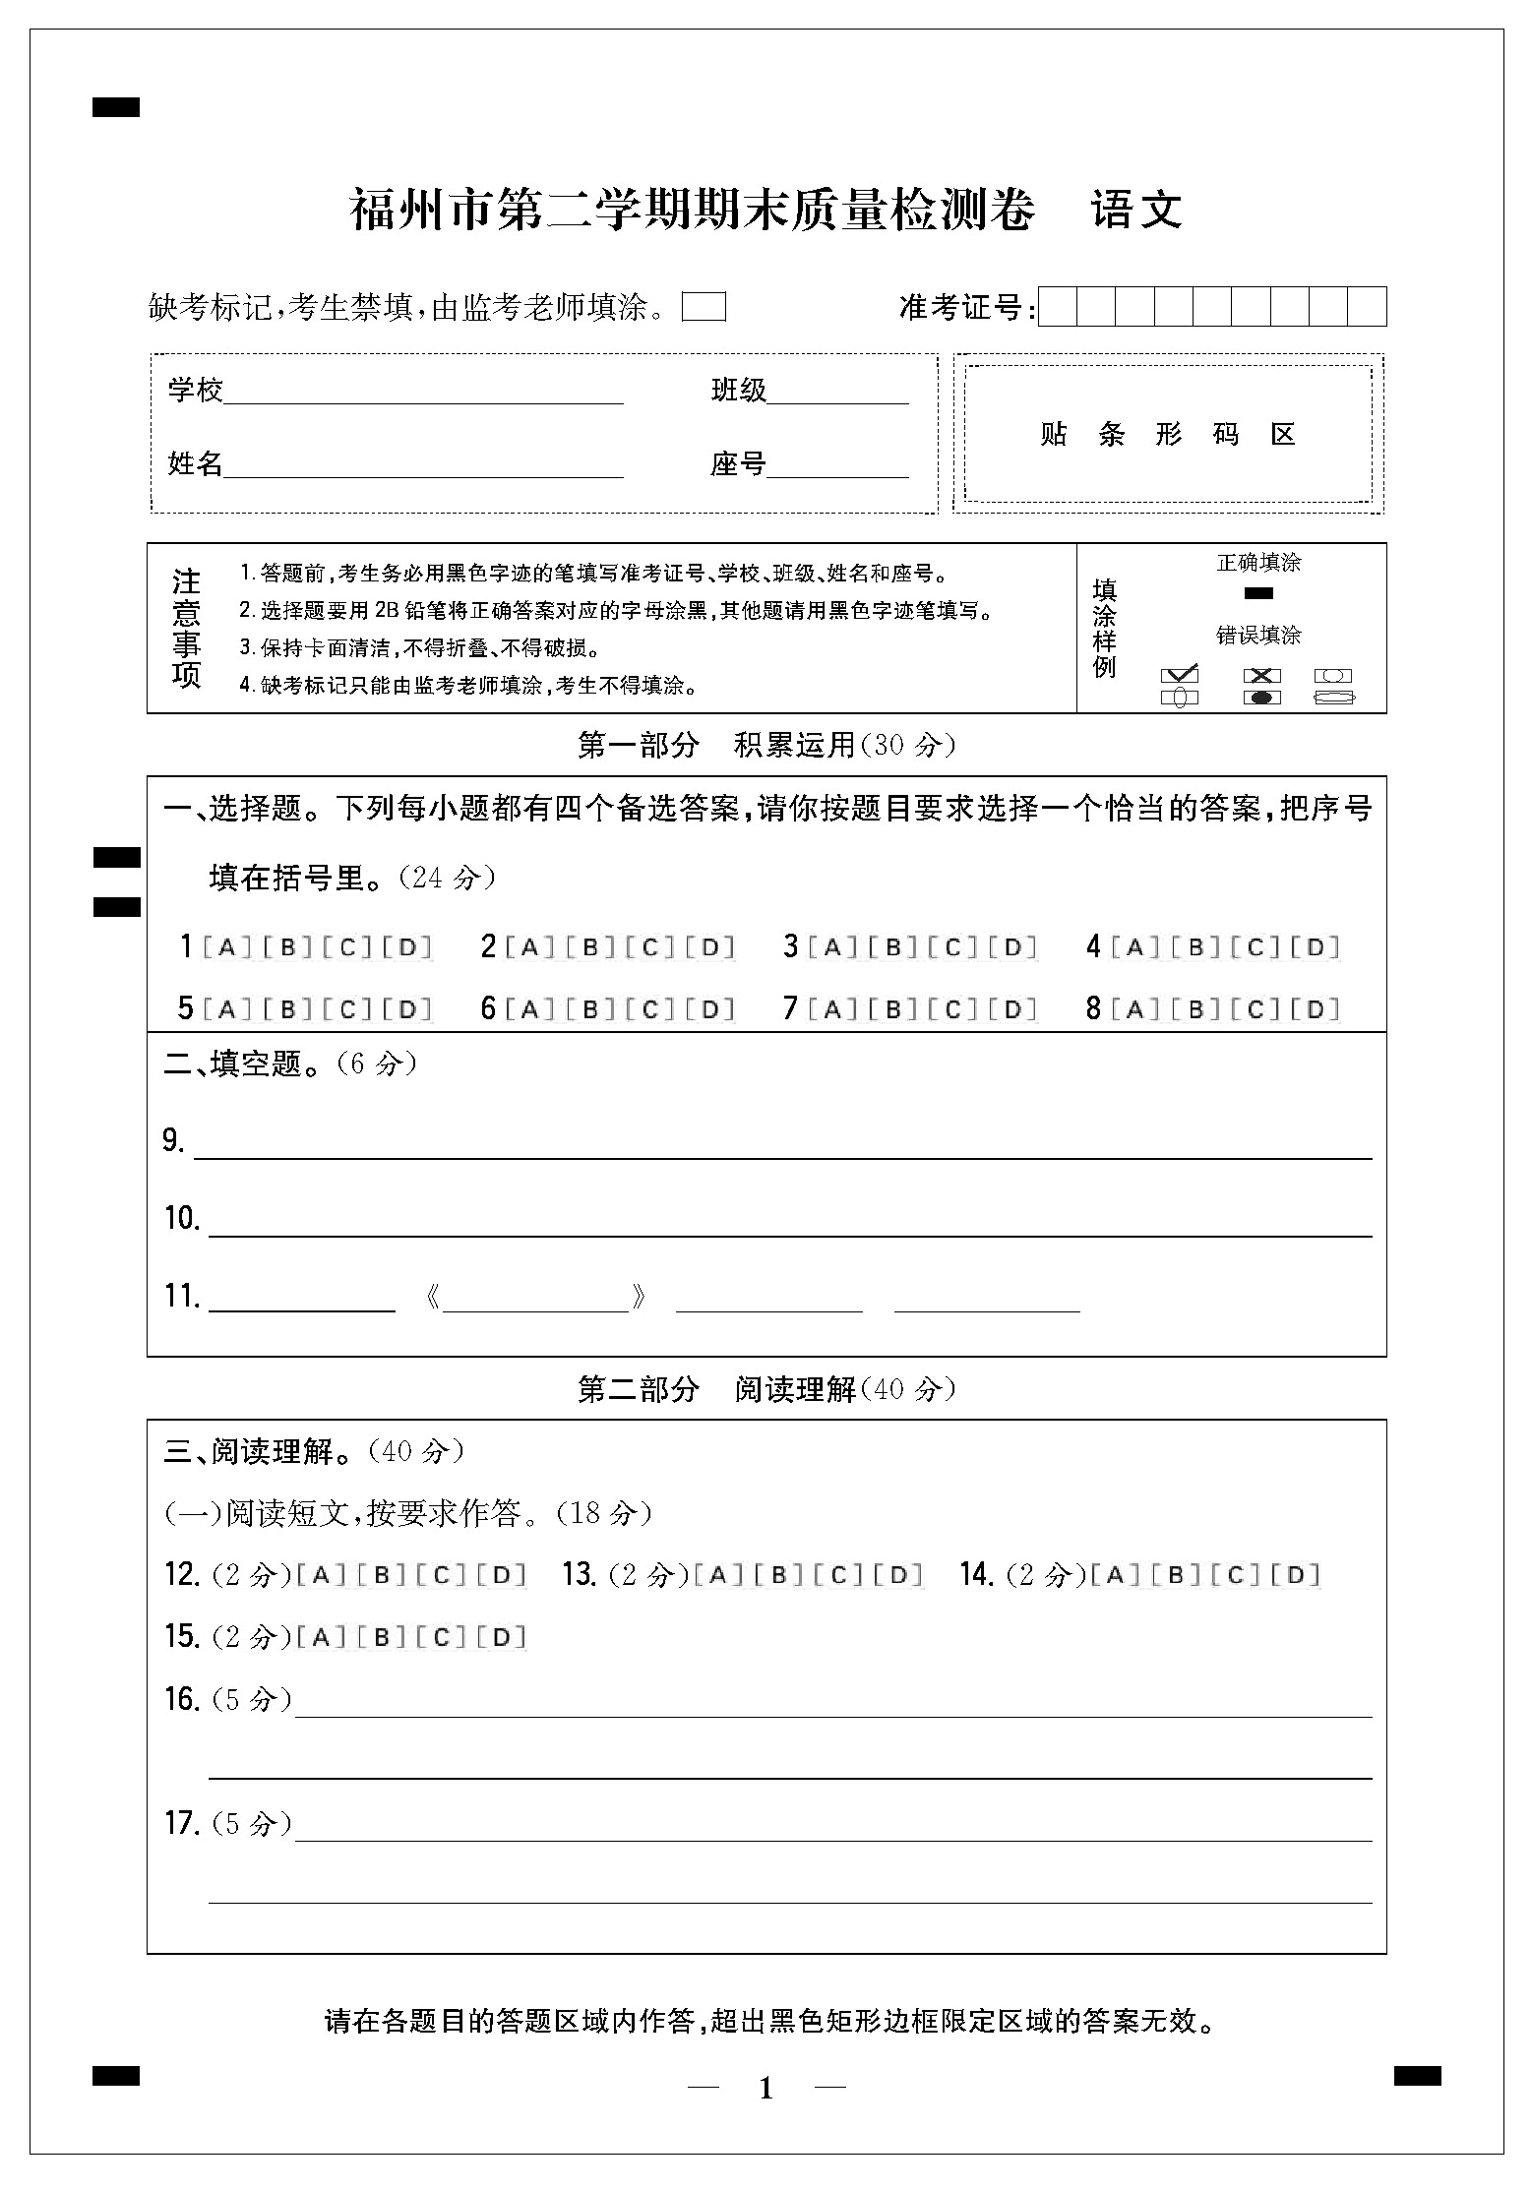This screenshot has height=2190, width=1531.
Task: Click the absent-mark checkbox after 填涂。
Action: pyautogui.click(x=704, y=307)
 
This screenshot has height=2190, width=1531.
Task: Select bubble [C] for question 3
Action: pyautogui.click(x=953, y=947)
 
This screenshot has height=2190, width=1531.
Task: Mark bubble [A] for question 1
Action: pyautogui.click(x=226, y=947)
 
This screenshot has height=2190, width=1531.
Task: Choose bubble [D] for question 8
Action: pyautogui.click(x=1315, y=1008)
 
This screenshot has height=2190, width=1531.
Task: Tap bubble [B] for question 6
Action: pyautogui.click(x=591, y=1008)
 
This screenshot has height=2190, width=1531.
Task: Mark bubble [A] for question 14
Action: pyautogui.click(x=1115, y=1574)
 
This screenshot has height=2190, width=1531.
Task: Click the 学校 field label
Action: pyautogui.click(x=195, y=391)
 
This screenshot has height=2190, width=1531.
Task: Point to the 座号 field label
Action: pyautogui.click(x=737, y=463)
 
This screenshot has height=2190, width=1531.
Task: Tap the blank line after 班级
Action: pyautogui.click(x=837, y=394)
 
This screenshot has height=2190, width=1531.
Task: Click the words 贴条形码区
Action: pyautogui.click(x=1168, y=434)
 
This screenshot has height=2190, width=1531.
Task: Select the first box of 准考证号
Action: pyautogui.click(x=1058, y=307)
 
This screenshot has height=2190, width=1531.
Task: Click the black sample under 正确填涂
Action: pyautogui.click(x=1258, y=593)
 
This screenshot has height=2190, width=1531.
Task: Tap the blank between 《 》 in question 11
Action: pyautogui.click(x=536, y=1300)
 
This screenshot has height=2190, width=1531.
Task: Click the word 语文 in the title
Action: pyautogui.click(x=1136, y=210)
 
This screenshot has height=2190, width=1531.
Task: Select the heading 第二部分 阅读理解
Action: pyautogui.click(x=765, y=1389)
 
